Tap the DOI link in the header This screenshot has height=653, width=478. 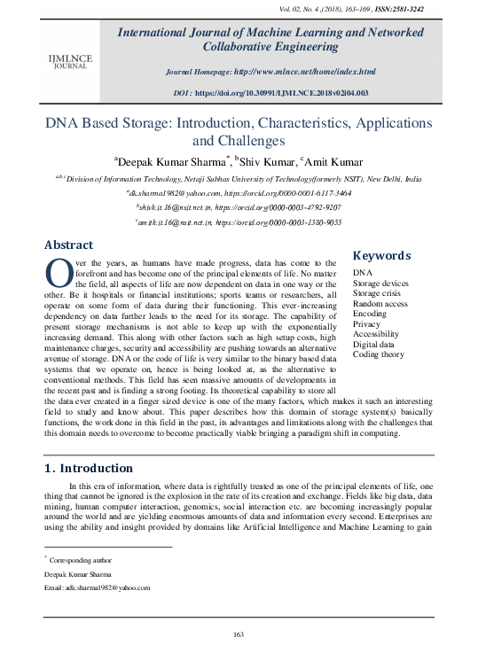pos(306,92)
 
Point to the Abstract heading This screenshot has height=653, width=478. pos(68,245)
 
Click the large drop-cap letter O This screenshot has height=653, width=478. pos(57,271)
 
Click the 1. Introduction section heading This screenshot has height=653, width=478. pos(89,468)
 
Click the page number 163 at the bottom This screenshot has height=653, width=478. pos(238,634)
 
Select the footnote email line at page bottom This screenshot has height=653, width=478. pos(97,587)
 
